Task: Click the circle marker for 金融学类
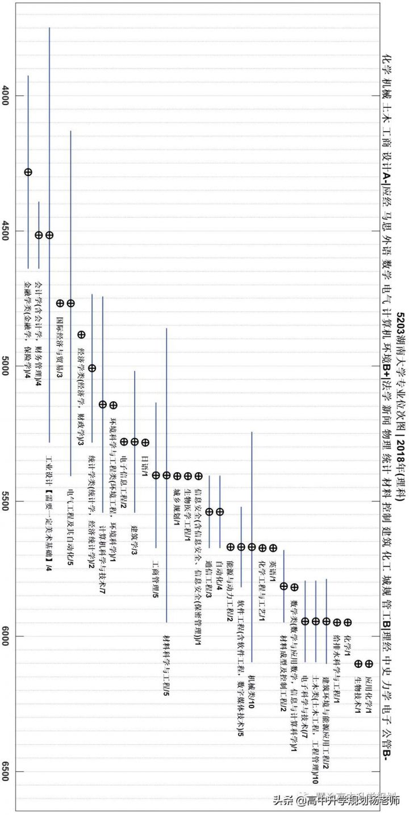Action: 28,172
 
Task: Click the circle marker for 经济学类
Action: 92,368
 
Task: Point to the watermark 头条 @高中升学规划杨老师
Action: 336,800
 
